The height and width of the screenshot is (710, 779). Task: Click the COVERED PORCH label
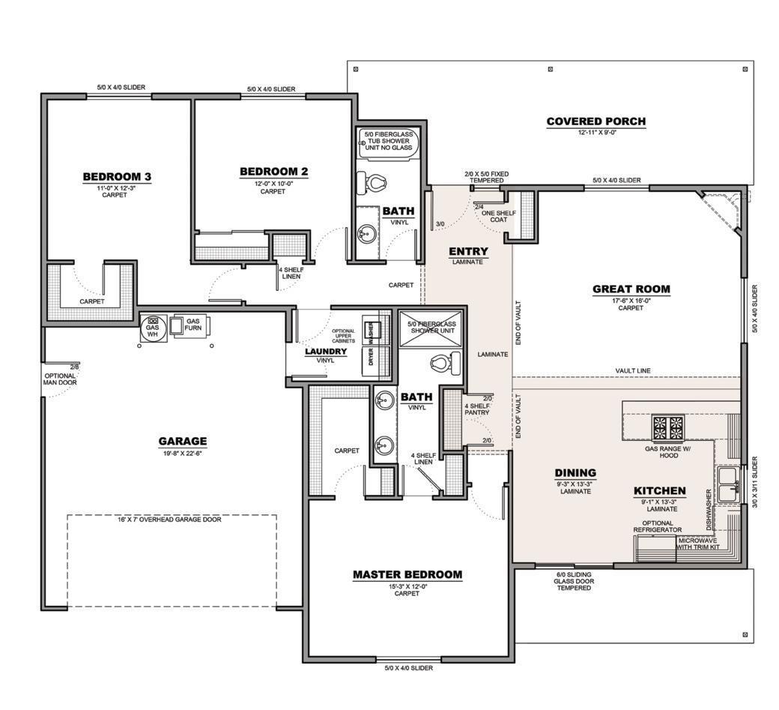click(x=595, y=121)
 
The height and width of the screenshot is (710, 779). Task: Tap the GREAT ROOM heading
click(x=631, y=289)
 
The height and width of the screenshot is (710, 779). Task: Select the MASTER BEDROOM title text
click(x=407, y=575)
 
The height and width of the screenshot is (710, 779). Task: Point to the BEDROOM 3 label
click(x=117, y=177)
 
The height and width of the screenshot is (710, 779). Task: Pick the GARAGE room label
click(x=182, y=442)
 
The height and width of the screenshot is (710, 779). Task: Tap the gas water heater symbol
click(x=153, y=328)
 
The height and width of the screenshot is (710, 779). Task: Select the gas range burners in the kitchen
click(x=667, y=428)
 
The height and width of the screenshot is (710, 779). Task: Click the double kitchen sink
click(x=726, y=484)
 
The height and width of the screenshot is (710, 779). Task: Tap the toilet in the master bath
click(x=440, y=364)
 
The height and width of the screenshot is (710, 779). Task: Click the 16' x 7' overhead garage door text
click(x=169, y=520)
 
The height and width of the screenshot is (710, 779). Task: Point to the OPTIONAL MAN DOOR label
click(x=59, y=379)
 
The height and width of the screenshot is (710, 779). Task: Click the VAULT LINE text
click(x=633, y=370)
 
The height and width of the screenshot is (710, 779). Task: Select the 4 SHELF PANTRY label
click(x=476, y=409)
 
